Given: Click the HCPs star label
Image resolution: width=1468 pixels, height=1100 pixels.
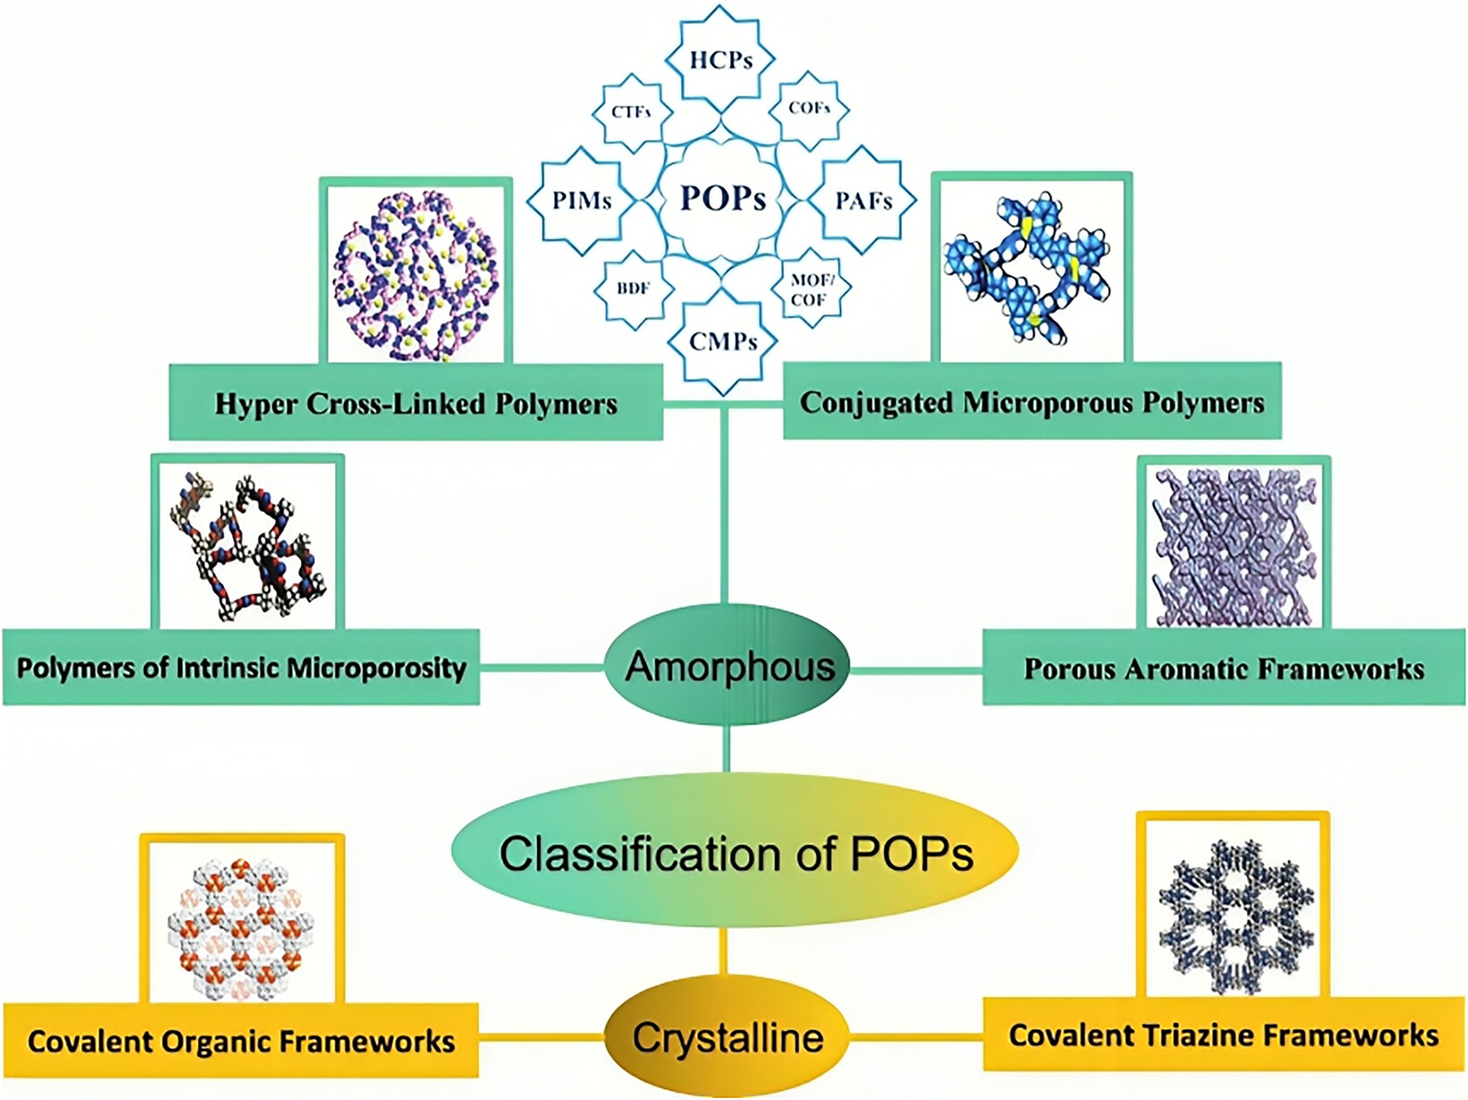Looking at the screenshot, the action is pyautogui.click(x=721, y=59).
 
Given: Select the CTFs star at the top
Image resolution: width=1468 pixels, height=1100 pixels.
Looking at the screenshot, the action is pyautogui.click(x=631, y=112).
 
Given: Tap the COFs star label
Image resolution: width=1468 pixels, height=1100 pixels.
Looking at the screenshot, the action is pyautogui.click(x=809, y=108).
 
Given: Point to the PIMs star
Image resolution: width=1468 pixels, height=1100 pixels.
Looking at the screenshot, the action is pyautogui.click(x=581, y=200).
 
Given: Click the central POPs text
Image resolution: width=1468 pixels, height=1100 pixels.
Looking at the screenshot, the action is pyautogui.click(x=722, y=198).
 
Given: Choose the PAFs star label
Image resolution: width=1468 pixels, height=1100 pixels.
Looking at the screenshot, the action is pyautogui.click(x=863, y=200).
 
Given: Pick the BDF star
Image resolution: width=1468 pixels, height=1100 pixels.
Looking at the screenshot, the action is pyautogui.click(x=633, y=289).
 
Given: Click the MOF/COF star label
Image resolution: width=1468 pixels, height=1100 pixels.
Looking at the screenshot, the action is pyautogui.click(x=810, y=289).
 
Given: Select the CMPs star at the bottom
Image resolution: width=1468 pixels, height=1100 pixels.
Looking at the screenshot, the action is pyautogui.click(x=722, y=342).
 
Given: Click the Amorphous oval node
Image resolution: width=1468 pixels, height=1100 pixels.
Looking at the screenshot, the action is pyautogui.click(x=728, y=666).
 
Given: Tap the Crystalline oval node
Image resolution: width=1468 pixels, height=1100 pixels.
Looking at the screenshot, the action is pyautogui.click(x=728, y=1038).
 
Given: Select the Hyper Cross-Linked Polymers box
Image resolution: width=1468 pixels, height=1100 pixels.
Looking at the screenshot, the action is pyautogui.click(x=415, y=403).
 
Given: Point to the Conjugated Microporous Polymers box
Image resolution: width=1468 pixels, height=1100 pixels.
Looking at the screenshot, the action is pyautogui.click(x=1032, y=401).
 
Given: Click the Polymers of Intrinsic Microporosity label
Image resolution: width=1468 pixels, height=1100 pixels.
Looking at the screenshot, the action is pyautogui.click(x=241, y=668).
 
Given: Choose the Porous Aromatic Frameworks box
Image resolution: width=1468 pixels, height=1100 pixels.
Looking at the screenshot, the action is pyautogui.click(x=1224, y=668).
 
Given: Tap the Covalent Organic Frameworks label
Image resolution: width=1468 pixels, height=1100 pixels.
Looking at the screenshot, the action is pyautogui.click(x=241, y=1041).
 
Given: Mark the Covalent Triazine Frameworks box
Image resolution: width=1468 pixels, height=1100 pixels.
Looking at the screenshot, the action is pyautogui.click(x=1224, y=1035).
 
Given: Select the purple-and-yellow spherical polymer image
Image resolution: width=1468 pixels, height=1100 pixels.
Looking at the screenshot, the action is pyautogui.click(x=415, y=275).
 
